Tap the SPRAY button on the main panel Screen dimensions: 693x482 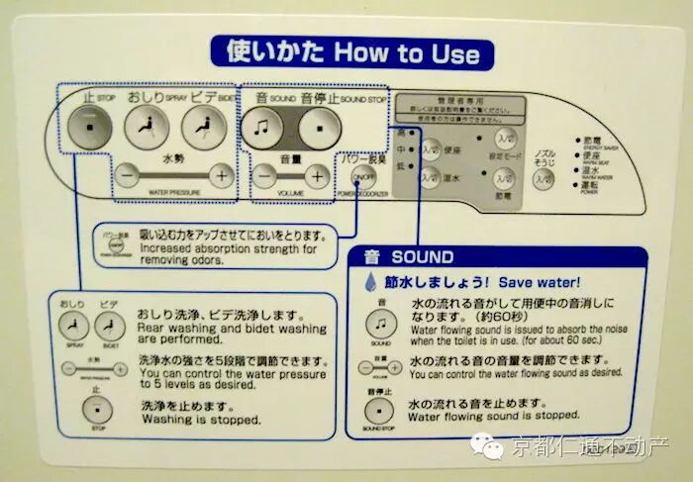[148, 127]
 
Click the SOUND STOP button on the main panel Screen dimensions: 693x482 [316, 127]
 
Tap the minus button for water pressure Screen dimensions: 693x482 [128, 175]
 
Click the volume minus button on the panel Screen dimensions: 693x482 [264, 176]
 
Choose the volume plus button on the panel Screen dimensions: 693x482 [316, 176]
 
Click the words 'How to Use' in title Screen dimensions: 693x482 [407, 52]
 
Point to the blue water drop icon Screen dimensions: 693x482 [371, 282]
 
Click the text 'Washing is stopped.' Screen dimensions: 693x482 [202, 419]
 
